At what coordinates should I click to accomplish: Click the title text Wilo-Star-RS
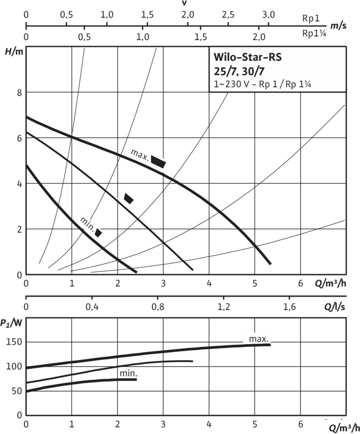247,57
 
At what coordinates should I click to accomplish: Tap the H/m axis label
14,52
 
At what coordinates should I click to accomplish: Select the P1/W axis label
11,323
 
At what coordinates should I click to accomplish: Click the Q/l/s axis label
334,307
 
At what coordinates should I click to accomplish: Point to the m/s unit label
338,25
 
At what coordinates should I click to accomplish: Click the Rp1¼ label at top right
314,33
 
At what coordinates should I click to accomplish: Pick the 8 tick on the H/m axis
19,93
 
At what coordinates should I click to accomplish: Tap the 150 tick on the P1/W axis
14,342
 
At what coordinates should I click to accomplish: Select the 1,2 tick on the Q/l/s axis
224,307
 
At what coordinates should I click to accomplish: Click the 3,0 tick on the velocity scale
269,15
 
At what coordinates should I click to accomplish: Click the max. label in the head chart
140,154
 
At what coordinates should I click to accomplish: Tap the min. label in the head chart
87,224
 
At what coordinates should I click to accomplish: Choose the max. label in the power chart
259,339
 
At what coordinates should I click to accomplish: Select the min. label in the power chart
129,373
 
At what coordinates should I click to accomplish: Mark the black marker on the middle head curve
129,198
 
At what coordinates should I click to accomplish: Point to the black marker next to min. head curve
98,232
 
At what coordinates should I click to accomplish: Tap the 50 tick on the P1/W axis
17,391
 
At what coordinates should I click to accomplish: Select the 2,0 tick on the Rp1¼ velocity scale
259,37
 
